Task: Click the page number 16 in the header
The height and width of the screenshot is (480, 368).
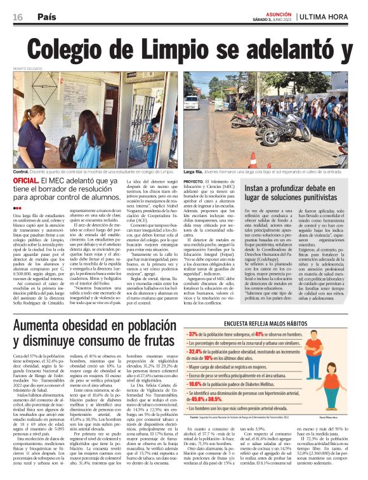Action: point(18,18)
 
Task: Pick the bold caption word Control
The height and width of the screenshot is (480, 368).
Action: point(21,172)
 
